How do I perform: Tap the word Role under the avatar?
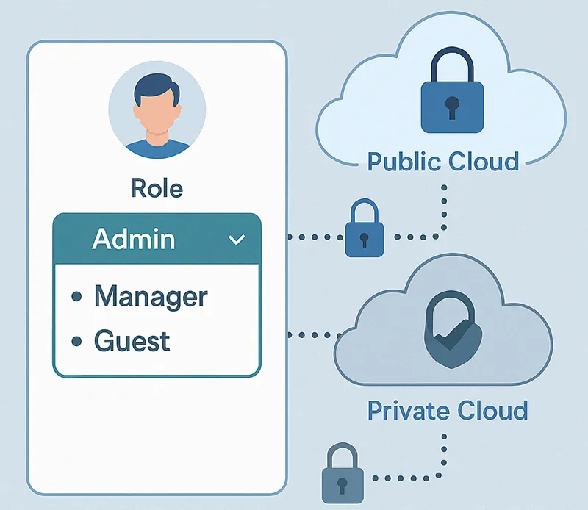click(157, 188)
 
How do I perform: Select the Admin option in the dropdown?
click(134, 239)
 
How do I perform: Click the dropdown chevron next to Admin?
click(237, 240)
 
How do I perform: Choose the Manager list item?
click(151, 296)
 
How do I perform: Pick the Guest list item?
click(132, 341)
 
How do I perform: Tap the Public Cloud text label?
click(443, 161)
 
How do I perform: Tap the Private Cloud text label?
click(447, 409)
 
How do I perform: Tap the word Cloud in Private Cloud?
click(492, 409)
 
